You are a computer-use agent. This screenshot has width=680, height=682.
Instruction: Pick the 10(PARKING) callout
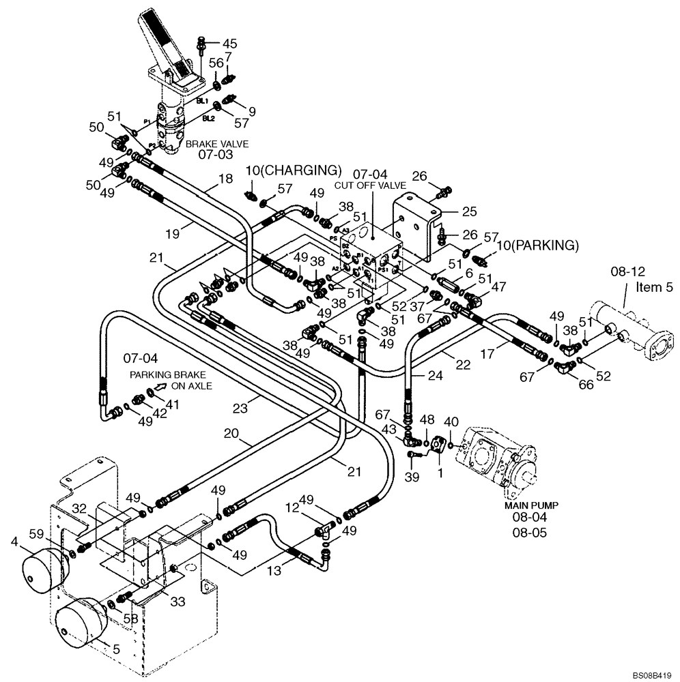point(537,245)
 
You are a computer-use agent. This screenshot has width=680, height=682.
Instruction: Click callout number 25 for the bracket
point(469,211)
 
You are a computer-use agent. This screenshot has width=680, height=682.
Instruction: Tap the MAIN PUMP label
point(532,505)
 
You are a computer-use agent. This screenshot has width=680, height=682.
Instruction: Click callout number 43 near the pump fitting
point(388,429)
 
